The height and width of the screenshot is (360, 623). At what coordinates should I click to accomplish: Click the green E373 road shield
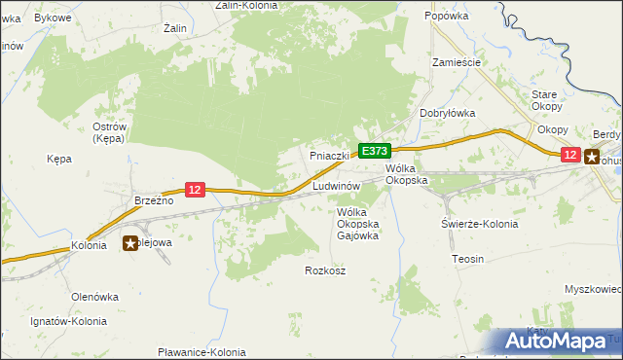(x=375, y=151)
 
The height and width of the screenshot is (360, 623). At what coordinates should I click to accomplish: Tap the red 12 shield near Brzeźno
(x=196, y=190)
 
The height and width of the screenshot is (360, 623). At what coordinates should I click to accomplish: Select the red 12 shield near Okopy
(x=570, y=154)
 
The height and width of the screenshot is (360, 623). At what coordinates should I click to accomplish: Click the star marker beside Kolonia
(x=130, y=243)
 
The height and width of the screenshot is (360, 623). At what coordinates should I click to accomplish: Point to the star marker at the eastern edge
(x=591, y=155)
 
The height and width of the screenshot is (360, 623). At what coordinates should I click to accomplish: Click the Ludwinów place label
(x=337, y=185)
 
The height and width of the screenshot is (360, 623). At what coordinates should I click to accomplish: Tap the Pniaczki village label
(x=329, y=156)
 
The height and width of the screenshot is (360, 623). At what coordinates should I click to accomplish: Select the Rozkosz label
(x=325, y=270)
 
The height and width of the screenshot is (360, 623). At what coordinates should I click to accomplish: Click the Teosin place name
(x=468, y=259)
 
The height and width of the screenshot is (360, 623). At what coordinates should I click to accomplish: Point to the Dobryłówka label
(x=447, y=113)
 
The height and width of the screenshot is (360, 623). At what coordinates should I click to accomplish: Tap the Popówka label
(x=448, y=17)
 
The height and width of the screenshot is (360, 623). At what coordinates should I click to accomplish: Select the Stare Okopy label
(x=544, y=100)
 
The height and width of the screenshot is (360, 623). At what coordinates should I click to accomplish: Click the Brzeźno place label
(x=153, y=199)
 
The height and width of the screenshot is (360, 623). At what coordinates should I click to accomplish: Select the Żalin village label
(x=175, y=28)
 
